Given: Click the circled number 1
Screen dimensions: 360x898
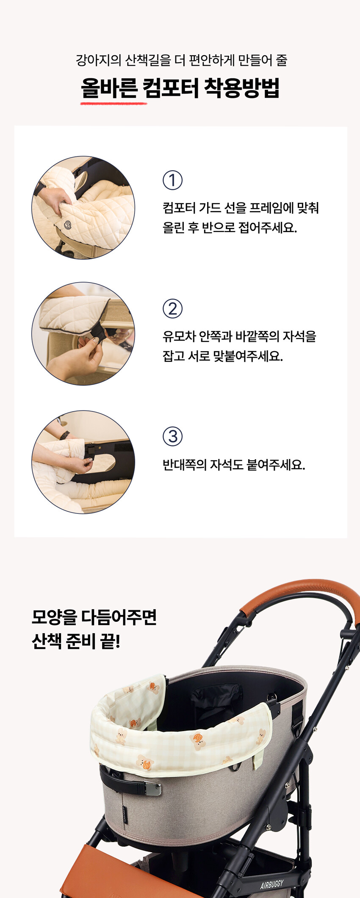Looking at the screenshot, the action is point(172,180).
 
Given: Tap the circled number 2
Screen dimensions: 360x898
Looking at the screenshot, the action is point(172,309).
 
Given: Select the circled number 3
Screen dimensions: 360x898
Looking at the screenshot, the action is point(172,437).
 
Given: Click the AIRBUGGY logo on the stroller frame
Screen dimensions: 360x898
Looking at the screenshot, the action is point(272,885).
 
